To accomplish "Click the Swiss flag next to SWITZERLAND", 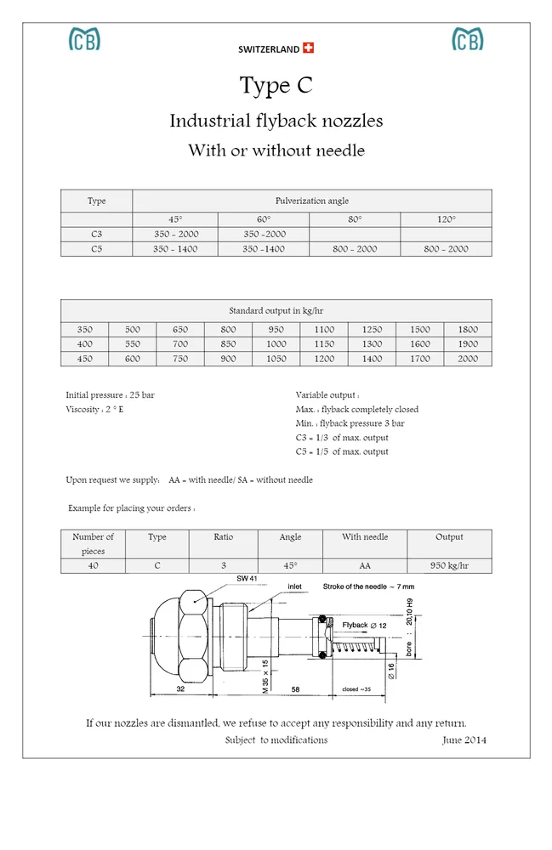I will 308,48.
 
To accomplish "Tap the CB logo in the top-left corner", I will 84,39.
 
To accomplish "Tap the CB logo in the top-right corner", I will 467,39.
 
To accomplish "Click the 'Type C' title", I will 276,85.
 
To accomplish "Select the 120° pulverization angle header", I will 446,219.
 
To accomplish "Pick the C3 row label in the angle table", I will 97,234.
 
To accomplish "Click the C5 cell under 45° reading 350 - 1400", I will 175,249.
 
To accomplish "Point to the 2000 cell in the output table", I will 468,359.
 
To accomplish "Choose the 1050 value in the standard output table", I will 276,359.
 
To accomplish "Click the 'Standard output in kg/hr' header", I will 276,311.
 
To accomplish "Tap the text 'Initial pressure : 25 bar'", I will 111,395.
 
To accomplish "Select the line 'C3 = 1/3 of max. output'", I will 342,438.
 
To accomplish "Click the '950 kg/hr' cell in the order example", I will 449,565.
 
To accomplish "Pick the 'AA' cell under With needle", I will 365,565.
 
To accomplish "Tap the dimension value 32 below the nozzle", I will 181,689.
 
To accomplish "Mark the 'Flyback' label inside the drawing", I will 355,625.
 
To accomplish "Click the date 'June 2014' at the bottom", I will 464,740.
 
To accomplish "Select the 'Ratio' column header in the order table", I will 223,537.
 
